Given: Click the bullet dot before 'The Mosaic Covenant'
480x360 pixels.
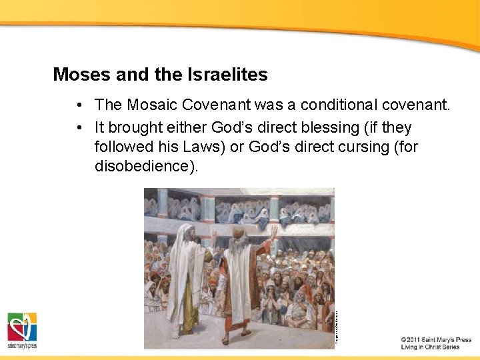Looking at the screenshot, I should click(79, 105).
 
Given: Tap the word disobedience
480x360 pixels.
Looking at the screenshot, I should click(146, 166).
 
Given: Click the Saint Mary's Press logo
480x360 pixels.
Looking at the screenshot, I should click(22, 330).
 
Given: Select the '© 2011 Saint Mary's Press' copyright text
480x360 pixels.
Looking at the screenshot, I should click(436, 339).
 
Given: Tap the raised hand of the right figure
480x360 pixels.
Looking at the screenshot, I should click(273, 231).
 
